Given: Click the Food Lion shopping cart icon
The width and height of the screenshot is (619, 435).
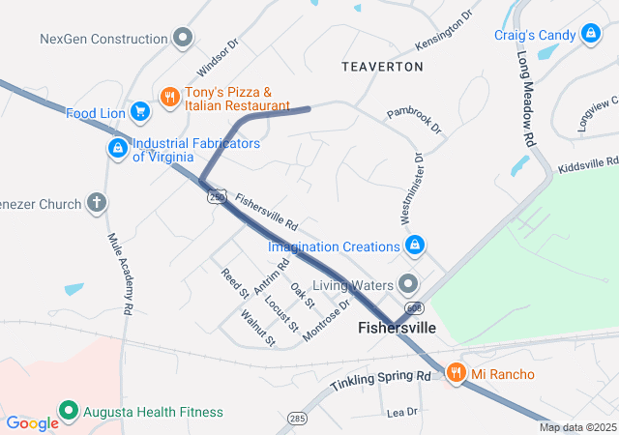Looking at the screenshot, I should click(x=140, y=113).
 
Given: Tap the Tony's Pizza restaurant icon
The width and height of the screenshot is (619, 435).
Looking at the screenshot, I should click(x=169, y=96).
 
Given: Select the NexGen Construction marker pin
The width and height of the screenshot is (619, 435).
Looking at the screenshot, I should click(x=183, y=39).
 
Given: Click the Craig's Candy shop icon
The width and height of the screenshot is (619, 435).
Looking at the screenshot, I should click(x=589, y=35).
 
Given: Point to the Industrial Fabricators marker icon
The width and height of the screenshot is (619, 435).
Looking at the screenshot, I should click(x=117, y=149).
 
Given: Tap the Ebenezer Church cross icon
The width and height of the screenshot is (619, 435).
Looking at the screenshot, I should click(x=96, y=203).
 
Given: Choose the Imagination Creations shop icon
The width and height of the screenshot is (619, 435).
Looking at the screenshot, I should click(x=415, y=246).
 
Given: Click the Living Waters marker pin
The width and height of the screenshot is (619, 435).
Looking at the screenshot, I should click(x=409, y=284).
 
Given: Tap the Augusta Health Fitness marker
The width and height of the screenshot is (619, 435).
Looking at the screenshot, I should click(x=68, y=412).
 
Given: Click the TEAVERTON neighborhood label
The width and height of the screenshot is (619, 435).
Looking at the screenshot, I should click(x=382, y=67).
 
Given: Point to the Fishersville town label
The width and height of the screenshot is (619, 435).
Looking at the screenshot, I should click(x=397, y=328).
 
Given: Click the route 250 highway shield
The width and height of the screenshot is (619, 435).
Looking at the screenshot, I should click(x=216, y=196).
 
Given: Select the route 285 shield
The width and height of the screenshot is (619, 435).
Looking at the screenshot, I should click(x=296, y=419).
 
